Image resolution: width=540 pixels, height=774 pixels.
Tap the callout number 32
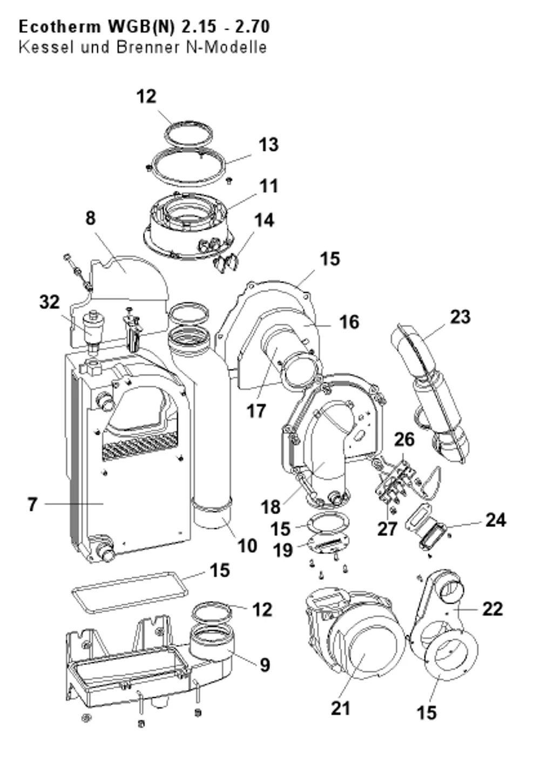(49, 302)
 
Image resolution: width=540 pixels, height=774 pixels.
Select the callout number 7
(32, 504)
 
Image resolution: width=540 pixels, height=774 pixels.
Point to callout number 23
(460, 317)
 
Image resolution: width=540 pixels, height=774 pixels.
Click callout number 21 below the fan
(341, 708)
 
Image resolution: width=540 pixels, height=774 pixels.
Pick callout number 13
(268, 144)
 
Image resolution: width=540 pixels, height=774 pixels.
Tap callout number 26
(404, 439)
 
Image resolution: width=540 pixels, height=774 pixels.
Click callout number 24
(496, 519)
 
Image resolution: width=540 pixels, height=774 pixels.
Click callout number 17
(256, 411)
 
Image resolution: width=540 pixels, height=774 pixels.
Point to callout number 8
(90, 218)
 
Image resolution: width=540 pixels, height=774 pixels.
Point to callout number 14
(264, 220)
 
